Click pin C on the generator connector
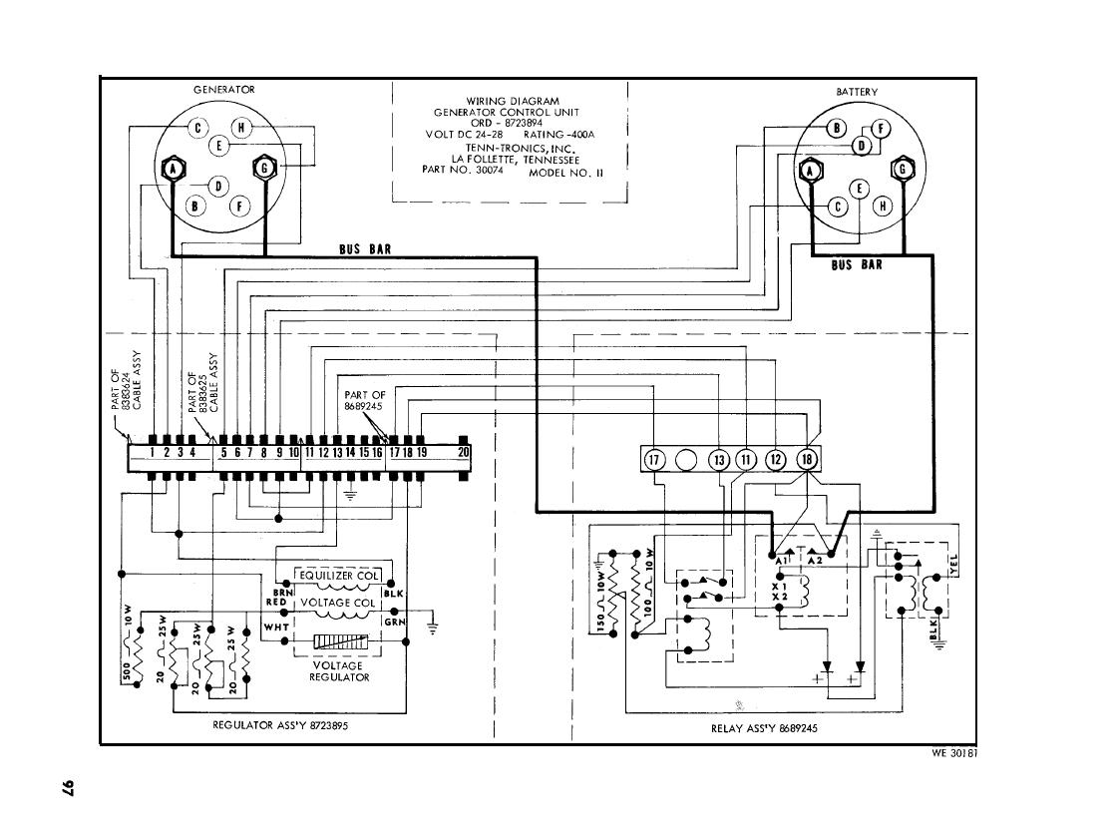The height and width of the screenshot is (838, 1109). pos(197,128)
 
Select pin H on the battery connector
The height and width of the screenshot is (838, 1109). pos(881,208)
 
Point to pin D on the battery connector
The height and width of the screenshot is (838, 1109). pos(861,146)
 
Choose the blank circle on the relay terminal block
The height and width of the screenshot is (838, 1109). pos(686,459)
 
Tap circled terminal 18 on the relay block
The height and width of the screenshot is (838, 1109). pos(808,459)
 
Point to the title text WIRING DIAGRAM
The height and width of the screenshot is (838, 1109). pos(513,101)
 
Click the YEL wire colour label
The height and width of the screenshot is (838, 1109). pos(954,566)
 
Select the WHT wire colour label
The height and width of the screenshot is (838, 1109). pos(276,627)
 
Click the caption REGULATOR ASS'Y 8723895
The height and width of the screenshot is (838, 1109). pos(281,725)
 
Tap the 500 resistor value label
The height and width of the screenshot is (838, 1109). pos(127,671)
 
